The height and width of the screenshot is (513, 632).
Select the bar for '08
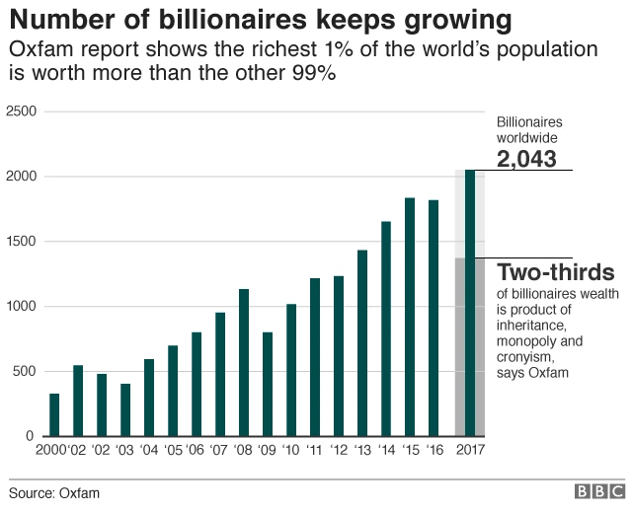[244, 362]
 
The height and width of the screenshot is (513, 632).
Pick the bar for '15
[410, 317]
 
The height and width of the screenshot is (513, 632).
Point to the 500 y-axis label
[24, 372]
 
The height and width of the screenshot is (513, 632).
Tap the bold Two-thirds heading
[555, 272]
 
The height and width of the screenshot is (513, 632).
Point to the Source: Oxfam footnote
[54, 492]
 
